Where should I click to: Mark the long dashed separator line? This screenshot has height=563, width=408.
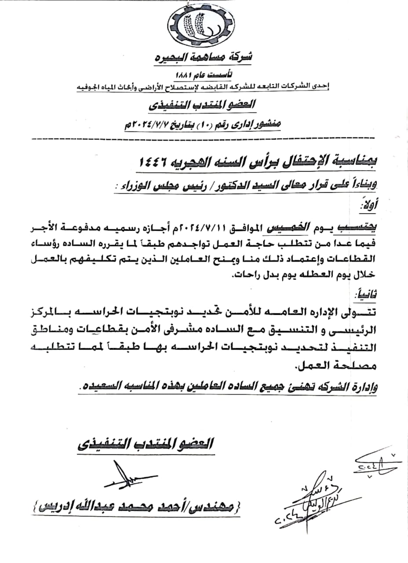[204, 139]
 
